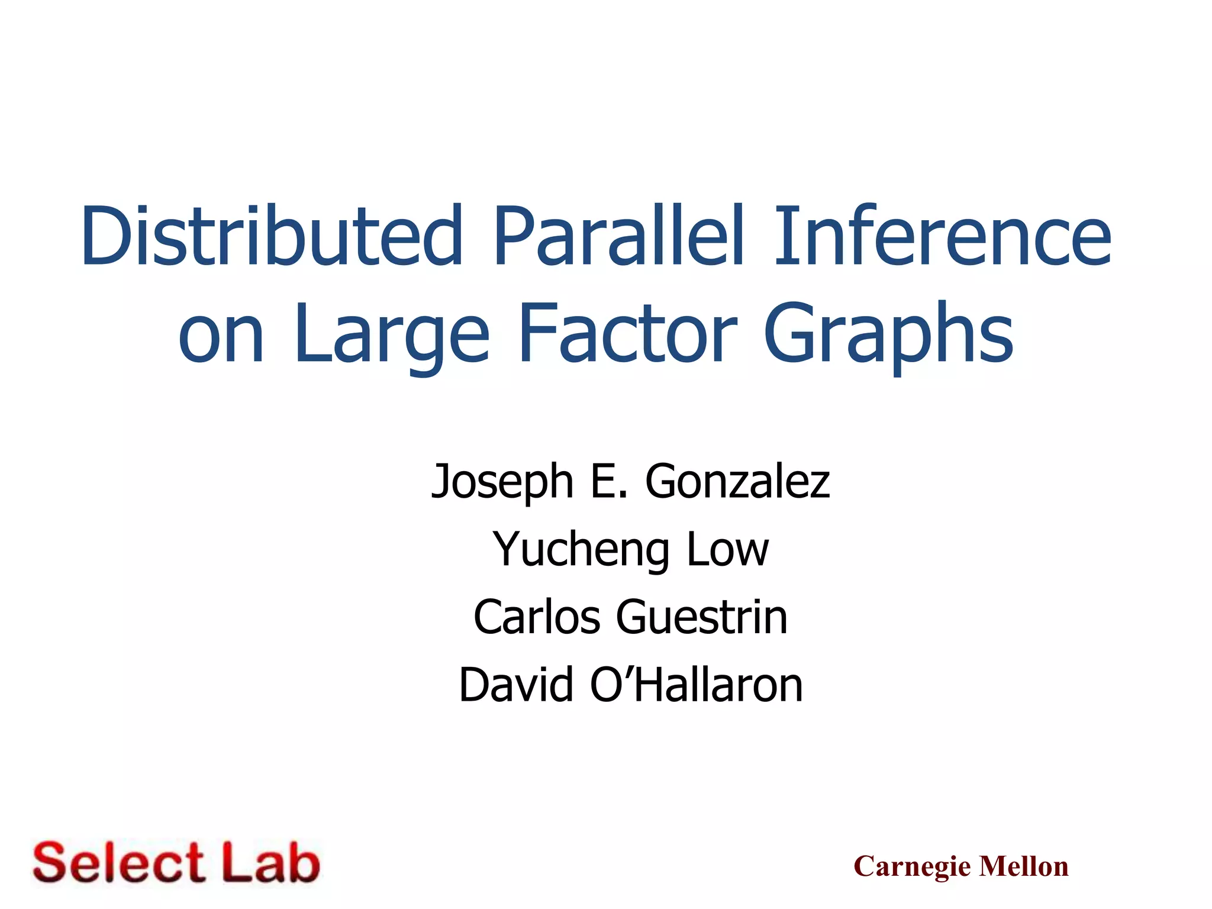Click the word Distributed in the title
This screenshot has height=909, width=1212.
click(272, 236)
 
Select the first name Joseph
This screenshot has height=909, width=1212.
click(502, 482)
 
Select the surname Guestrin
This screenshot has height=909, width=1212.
click(702, 617)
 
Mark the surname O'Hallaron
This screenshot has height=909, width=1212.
click(696, 685)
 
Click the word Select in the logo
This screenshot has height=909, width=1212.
click(118, 863)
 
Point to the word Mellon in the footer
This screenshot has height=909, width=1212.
click(1024, 866)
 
